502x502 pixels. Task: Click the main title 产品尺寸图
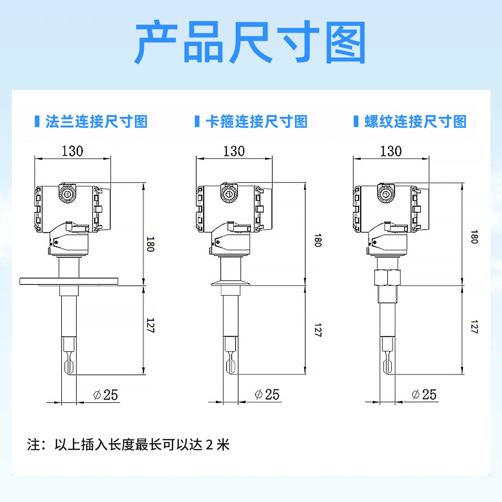[250, 42]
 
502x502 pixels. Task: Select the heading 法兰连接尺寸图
[97, 122]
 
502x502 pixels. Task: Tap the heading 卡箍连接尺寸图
[257, 122]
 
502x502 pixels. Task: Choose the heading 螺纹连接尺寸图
[416, 122]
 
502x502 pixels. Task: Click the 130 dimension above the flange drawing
[73, 151]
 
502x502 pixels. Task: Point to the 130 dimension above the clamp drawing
[234, 151]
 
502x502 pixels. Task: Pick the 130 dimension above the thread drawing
[391, 151]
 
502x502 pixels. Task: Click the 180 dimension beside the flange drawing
[151, 244]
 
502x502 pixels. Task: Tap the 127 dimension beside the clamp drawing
[318, 330]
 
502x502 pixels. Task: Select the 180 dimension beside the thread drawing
[474, 237]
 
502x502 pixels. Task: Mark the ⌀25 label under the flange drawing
[106, 395]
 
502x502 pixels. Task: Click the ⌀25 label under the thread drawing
[424, 394]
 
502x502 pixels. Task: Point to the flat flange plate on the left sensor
[69, 281]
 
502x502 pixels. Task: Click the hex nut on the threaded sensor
[387, 278]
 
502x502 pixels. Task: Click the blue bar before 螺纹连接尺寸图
[356, 121]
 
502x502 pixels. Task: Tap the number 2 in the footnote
[209, 445]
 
